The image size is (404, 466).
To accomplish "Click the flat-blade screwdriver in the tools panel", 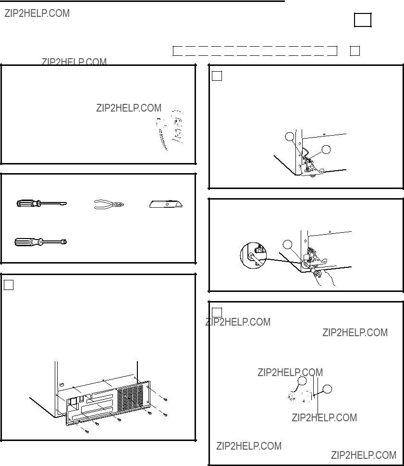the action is coord(42,203).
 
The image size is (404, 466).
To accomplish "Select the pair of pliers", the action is coord(109,204).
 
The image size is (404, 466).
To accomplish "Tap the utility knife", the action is coord(166,204).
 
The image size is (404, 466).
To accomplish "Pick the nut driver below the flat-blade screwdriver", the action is coord(41,242).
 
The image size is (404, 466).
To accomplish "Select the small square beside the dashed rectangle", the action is coord(355,51).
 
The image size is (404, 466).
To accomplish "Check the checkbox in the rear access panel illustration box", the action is coord(8,285).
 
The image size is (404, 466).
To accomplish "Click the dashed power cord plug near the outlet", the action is coord(161,134).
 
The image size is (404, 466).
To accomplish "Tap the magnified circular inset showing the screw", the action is coord(253,255).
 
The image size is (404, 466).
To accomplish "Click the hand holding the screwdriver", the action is coord(325,278).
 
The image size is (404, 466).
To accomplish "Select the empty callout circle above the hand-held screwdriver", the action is coord(287,245).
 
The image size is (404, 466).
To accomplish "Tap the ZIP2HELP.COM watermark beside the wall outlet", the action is coord(129,108).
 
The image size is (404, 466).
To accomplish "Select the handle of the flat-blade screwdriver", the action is coord(28,203).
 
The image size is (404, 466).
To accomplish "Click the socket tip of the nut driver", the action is coord(63,241).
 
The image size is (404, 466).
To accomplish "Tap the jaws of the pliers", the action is coord(119,204).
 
